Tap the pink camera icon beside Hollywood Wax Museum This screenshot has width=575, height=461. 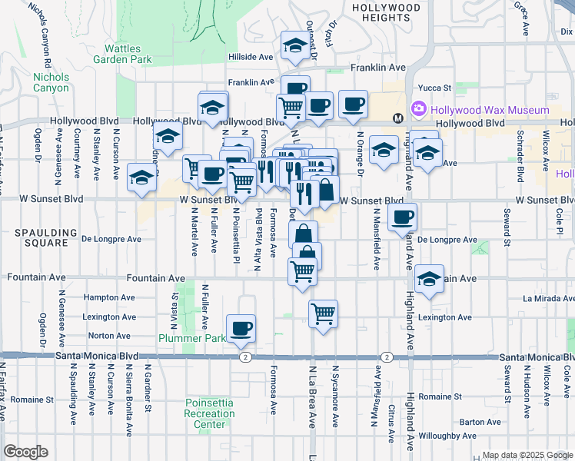(420, 111)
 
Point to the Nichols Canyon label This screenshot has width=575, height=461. (51, 82)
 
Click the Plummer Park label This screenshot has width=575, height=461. (192, 338)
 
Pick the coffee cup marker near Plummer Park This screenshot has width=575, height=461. (241, 328)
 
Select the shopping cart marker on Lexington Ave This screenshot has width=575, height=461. (324, 313)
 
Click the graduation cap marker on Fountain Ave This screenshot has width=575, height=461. (429, 278)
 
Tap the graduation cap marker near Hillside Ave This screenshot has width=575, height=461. (294, 46)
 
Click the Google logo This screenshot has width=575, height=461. (25, 452)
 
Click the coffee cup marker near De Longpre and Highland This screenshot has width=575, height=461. (402, 217)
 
